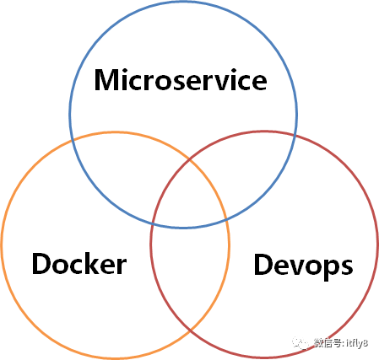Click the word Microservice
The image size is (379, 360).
(x=181, y=80)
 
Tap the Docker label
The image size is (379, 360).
(x=79, y=263)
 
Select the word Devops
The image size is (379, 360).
(x=303, y=266)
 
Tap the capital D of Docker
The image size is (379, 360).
(x=41, y=264)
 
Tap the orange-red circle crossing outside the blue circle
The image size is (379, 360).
(x=190, y=329)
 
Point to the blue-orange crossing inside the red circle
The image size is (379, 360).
(x=226, y=220)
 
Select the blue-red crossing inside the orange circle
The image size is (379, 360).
(x=152, y=224)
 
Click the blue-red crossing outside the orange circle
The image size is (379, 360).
(x=295, y=136)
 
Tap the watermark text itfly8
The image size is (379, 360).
(x=357, y=343)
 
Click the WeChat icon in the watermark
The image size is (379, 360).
(x=300, y=343)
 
